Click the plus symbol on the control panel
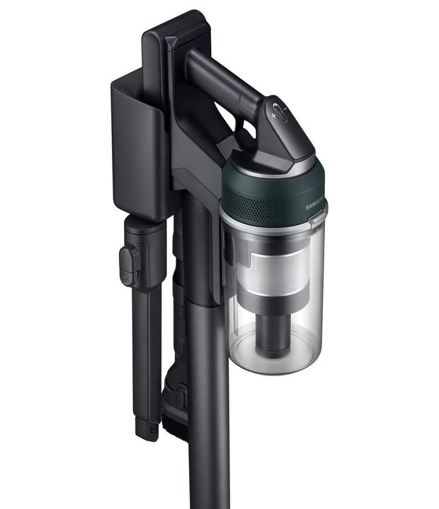(x=274, y=115)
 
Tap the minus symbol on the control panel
(x=285, y=109)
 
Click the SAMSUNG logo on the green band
(x=316, y=204)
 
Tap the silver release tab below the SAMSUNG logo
(x=317, y=221)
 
